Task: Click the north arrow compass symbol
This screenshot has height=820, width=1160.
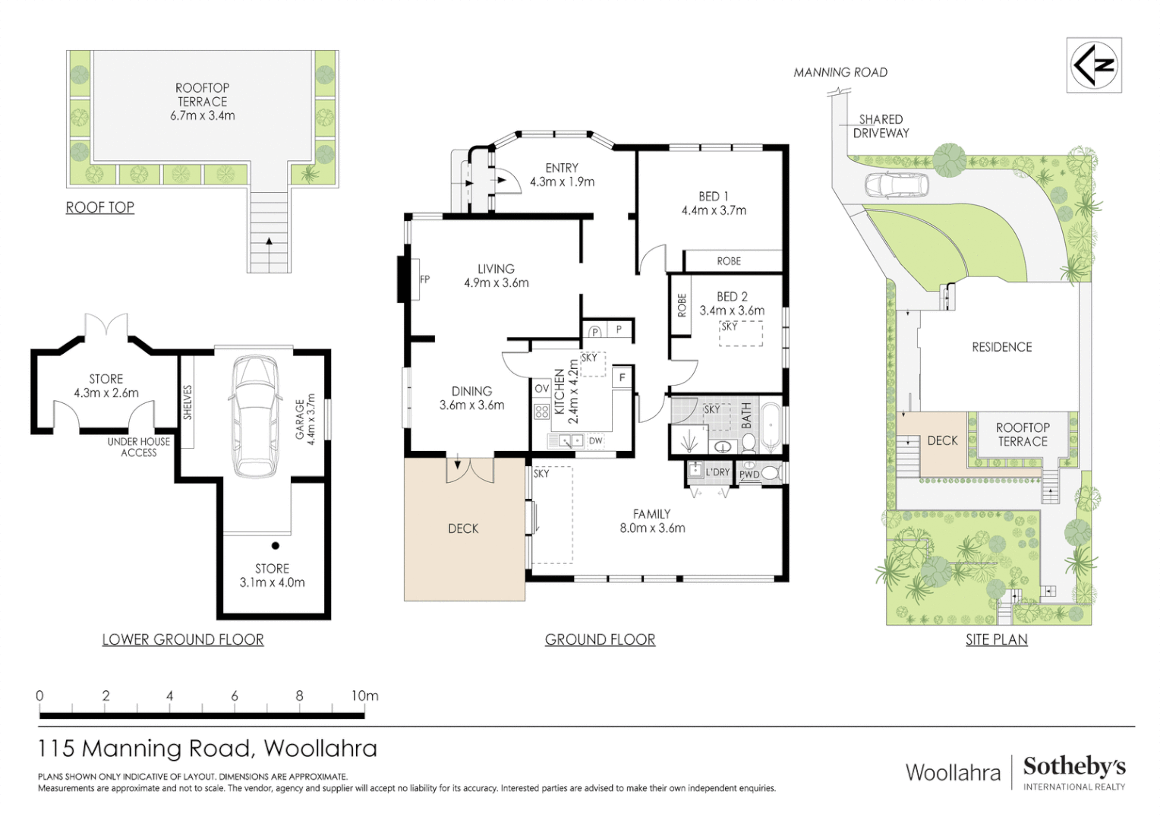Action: (1094, 65)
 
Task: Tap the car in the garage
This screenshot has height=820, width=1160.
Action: (255, 416)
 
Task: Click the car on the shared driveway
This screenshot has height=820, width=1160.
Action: (896, 184)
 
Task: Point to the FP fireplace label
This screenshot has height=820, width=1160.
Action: (424, 279)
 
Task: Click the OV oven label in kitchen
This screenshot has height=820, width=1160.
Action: (542, 389)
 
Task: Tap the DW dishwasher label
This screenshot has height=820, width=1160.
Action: (595, 441)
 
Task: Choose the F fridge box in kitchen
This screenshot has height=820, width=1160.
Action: (622, 377)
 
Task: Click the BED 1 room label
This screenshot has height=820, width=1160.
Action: (714, 197)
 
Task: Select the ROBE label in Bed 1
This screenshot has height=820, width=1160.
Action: (729, 262)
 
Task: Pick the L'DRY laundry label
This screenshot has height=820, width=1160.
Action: (717, 472)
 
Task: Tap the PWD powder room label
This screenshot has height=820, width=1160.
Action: (749, 475)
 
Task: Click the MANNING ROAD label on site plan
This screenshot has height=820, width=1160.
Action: (840, 73)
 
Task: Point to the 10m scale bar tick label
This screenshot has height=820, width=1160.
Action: (364, 695)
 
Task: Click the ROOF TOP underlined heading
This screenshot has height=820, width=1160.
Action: (100, 208)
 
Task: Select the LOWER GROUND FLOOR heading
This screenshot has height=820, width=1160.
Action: (183, 640)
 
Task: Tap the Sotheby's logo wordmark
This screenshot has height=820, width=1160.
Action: (1074, 767)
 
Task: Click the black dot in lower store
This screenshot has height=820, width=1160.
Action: (276, 545)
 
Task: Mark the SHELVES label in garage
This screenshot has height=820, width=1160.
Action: (188, 402)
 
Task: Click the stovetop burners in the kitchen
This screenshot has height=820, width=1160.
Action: (542, 412)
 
